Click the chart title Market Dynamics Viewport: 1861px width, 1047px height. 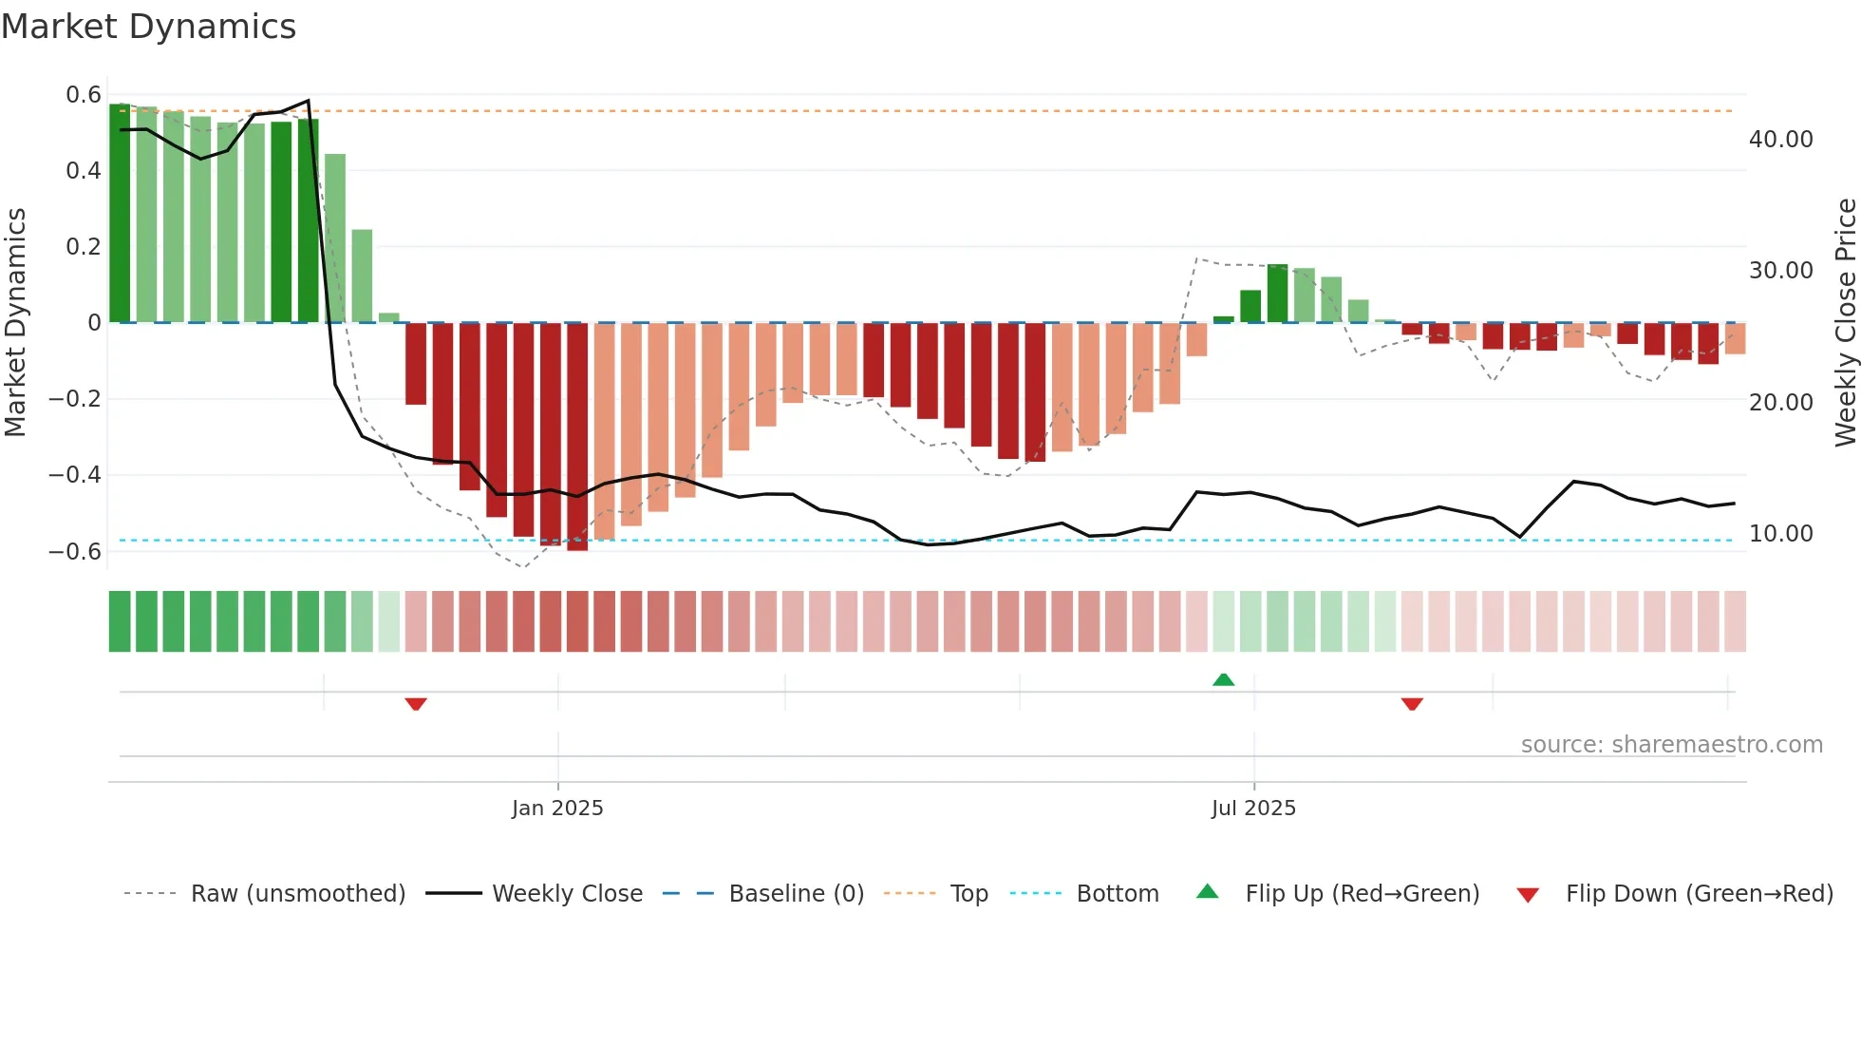[x=148, y=27]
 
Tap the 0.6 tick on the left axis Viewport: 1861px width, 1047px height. [x=84, y=95]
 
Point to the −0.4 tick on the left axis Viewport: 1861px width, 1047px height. [x=75, y=475]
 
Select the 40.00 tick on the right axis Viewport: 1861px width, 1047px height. [x=1780, y=140]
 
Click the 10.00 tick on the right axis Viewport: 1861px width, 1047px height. [x=1780, y=534]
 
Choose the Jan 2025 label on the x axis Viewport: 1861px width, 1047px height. [x=557, y=809]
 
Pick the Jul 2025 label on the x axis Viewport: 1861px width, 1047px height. [x=1253, y=809]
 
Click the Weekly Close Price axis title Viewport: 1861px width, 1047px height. [x=1845, y=323]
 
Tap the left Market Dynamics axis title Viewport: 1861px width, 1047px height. [x=16, y=323]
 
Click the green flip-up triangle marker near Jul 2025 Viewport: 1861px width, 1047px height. [x=1224, y=679]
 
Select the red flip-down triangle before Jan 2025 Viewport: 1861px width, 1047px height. [x=416, y=704]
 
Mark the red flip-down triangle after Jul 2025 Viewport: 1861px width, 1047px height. [x=1412, y=704]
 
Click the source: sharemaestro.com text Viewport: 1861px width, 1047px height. [x=1671, y=745]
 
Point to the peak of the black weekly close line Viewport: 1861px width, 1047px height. [x=308, y=101]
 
